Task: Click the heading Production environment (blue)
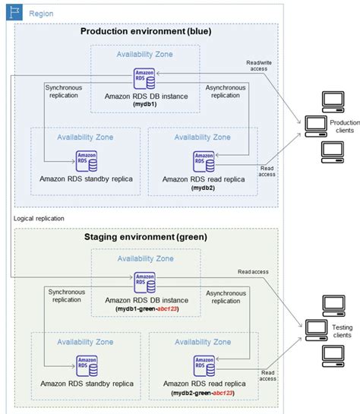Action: [146, 32]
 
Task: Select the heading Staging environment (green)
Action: [146, 238]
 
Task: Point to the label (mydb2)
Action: [202, 186]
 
